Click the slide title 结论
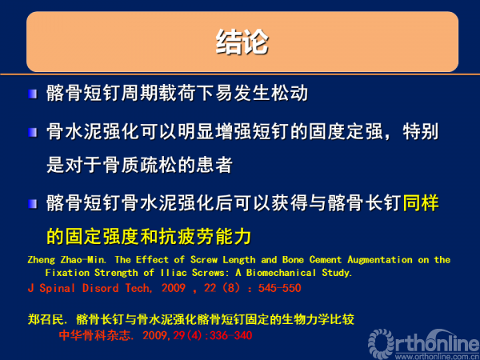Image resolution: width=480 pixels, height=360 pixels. (x=242, y=42)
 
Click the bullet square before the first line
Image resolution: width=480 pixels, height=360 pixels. (x=33, y=94)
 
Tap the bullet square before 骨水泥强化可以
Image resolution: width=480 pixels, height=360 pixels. (x=33, y=133)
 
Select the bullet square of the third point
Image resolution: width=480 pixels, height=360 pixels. (x=33, y=203)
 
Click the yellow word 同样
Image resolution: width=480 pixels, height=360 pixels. (x=421, y=203)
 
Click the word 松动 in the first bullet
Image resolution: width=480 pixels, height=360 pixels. (x=290, y=93)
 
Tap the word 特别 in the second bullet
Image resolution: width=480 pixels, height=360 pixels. (x=421, y=132)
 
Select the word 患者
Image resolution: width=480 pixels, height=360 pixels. (x=215, y=165)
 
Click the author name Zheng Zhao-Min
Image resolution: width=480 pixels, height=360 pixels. (x=67, y=260)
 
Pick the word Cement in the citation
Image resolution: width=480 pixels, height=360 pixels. (x=326, y=260)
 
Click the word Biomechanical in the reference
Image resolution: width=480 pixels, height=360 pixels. (x=281, y=273)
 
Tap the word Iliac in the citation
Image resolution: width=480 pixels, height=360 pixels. (x=174, y=273)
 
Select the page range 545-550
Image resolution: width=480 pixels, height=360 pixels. (x=279, y=288)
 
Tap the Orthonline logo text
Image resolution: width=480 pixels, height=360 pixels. (x=424, y=342)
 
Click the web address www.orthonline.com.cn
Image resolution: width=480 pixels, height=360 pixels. (x=437, y=357)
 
